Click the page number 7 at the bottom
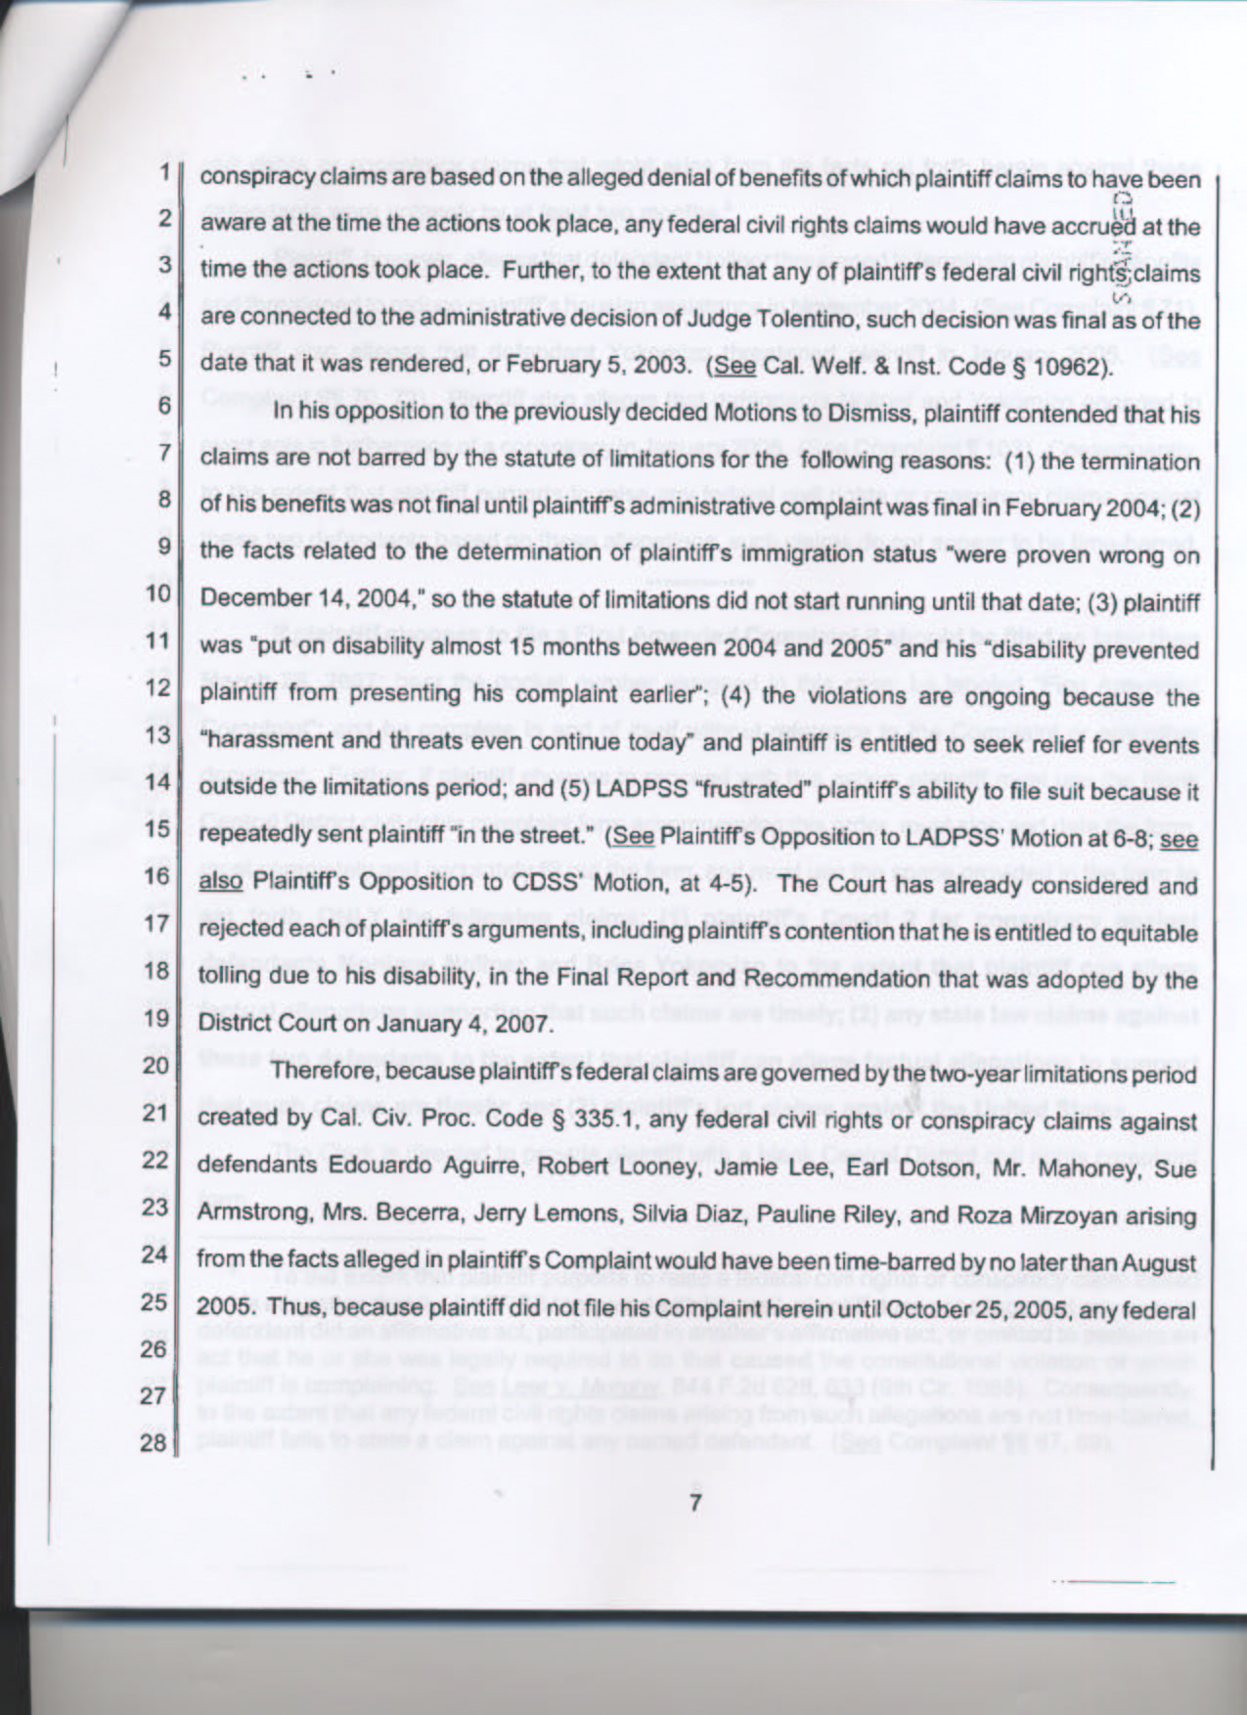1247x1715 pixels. (x=695, y=1502)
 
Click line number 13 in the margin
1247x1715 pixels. (x=157, y=736)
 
